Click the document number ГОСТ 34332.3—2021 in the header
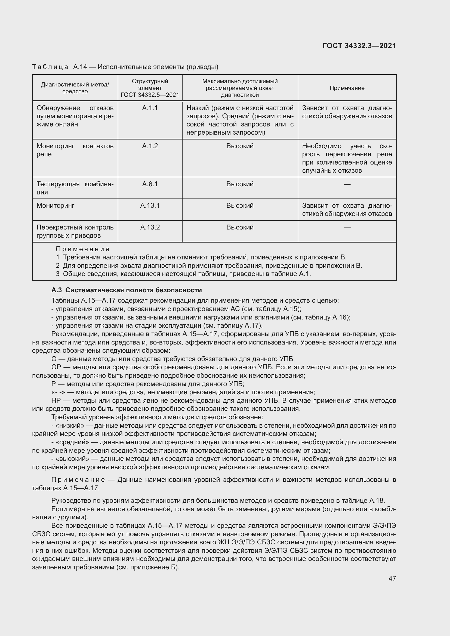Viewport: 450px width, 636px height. click(x=359, y=46)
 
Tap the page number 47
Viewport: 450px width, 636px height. click(x=392, y=578)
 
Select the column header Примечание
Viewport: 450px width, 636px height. click(x=347, y=88)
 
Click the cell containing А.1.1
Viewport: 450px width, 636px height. click(x=150, y=108)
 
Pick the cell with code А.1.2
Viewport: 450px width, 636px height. click(x=150, y=146)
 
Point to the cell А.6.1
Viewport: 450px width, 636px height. click(x=150, y=184)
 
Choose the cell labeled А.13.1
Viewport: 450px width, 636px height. click(x=150, y=206)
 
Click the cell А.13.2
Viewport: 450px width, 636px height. click(x=150, y=227)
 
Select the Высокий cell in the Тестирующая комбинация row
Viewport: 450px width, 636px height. click(x=240, y=184)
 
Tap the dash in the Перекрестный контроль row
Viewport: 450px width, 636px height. click(x=347, y=227)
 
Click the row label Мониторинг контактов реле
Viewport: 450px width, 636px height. click(x=75, y=150)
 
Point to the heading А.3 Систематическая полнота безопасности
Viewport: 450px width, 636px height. click(x=126, y=290)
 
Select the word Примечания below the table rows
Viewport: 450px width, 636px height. click(x=83, y=249)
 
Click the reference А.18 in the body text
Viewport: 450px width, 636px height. click(x=377, y=501)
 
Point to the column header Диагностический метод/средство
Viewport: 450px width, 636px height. click(x=75, y=88)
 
